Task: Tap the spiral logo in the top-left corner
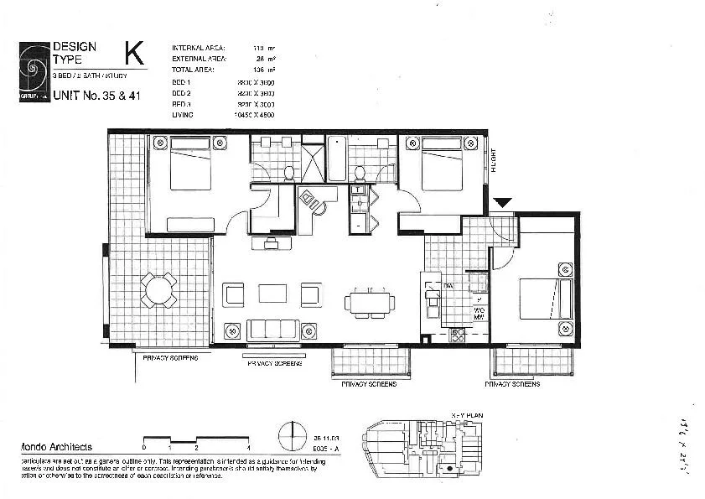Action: (34, 70)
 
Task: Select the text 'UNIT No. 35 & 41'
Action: (96, 96)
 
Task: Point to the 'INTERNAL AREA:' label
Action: (198, 48)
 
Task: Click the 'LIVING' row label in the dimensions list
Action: (182, 114)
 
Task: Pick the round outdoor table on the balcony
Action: (158, 290)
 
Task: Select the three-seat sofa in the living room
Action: (272, 330)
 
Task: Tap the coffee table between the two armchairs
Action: (272, 294)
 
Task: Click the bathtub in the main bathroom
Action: (335, 159)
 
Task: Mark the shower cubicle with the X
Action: (312, 163)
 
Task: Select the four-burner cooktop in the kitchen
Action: (459, 335)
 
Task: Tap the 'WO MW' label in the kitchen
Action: (480, 313)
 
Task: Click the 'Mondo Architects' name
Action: (55, 448)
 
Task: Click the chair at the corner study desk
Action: (310, 200)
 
